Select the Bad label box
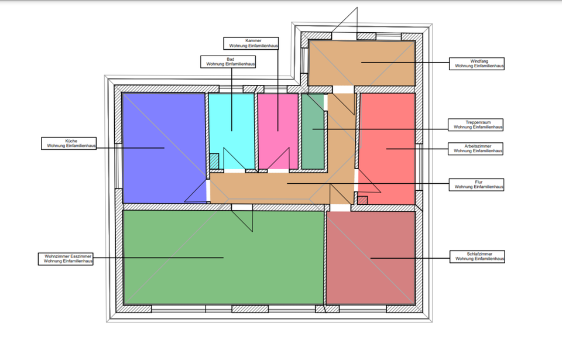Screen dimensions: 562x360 point(230,61)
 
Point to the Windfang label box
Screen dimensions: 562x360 point(477,63)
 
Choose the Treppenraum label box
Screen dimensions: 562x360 point(477,125)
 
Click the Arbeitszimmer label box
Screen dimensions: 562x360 point(477,148)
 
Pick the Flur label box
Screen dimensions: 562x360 point(477,184)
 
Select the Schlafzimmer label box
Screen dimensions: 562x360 point(477,256)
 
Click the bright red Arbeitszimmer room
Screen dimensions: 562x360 point(386,146)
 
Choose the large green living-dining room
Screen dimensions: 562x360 point(222,258)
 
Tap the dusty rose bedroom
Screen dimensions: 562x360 point(371,258)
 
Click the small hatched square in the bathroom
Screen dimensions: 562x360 point(215,159)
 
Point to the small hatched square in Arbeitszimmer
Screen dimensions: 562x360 point(362,200)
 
